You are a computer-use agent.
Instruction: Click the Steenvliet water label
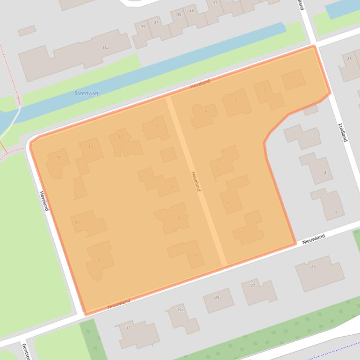pyautogui.click(x=86, y=93)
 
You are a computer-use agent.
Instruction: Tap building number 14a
pyautogui.click(x=106, y=48)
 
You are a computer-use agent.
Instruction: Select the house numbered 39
pyautogui.click(x=143, y=27)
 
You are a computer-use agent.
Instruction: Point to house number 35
pyautogui.click(x=179, y=15)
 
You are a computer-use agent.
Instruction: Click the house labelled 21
pyautogui.click(x=349, y=58)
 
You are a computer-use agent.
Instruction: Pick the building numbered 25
pyautogui.click(x=313, y=266)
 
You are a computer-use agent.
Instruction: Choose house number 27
pyautogui.click(x=253, y=285)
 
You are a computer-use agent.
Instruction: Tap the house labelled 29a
pyautogui.click(x=180, y=310)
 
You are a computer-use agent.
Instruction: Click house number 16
pyautogui.click(x=98, y=259)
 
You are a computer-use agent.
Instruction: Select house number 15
pyautogui.click(x=77, y=222)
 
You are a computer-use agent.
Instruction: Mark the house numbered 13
pyautogui.click(x=91, y=146)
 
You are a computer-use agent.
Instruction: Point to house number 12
pyautogui.click(x=120, y=137)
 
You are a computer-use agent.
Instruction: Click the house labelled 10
pyautogui.click(x=172, y=187)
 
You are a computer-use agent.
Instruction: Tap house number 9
pyautogui.click(x=179, y=218)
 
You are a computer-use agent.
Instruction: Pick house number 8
pyautogui.click(x=195, y=255)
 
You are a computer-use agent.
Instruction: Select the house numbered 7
pyautogui.click(x=241, y=232)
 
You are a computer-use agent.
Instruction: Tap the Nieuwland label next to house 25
pyautogui.click(x=313, y=239)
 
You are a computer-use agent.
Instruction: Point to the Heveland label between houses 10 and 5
pyautogui.click(x=195, y=181)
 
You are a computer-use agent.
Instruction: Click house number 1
pyautogui.click(x=294, y=78)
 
